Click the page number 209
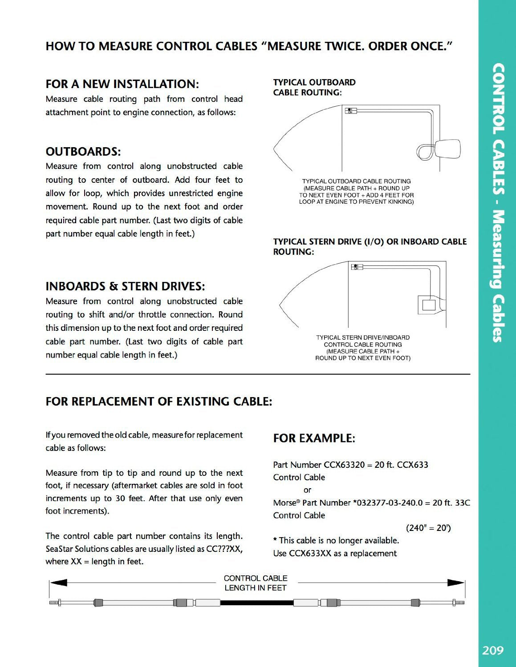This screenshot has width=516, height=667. tap(493, 650)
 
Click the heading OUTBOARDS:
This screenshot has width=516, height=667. tap(83, 152)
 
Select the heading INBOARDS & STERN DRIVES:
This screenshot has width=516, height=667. tap(125, 286)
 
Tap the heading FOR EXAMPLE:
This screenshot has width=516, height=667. tap(314, 438)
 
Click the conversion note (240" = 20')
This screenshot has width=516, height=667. tap(428, 528)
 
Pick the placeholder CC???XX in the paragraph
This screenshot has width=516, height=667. tap(224, 549)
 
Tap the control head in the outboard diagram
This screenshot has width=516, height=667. tap(350, 111)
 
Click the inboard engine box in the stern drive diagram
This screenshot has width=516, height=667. tap(428, 305)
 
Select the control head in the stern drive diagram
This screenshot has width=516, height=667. tap(357, 267)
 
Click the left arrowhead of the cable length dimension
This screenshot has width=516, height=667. tap(58, 583)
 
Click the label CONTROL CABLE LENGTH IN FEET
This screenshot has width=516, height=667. tap(256, 583)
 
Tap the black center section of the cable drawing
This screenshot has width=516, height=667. tap(257, 603)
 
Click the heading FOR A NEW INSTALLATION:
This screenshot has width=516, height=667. tap(122, 84)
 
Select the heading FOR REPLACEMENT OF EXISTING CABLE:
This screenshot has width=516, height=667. tap(158, 402)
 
